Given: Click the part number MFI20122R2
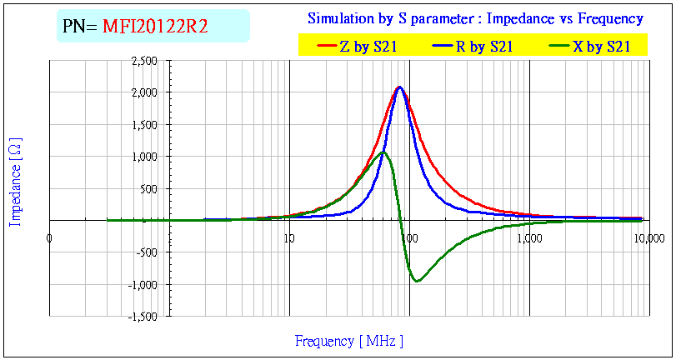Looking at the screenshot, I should tap(155, 27).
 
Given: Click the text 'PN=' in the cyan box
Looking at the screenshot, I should tap(80, 27).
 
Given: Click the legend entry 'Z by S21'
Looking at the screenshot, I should tap(368, 47).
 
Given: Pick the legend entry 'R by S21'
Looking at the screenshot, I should tap(484, 47).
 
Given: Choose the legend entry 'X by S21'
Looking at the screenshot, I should tap(601, 47).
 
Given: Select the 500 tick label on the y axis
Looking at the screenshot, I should tap(149, 188).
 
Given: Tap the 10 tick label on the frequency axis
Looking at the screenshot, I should tap(289, 238).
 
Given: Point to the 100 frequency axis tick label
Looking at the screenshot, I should tap(408, 238).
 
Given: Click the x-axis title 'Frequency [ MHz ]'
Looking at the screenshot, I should tap(349, 341).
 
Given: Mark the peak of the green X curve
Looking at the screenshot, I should tap(383, 152).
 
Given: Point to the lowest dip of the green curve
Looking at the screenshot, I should tap(417, 281).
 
